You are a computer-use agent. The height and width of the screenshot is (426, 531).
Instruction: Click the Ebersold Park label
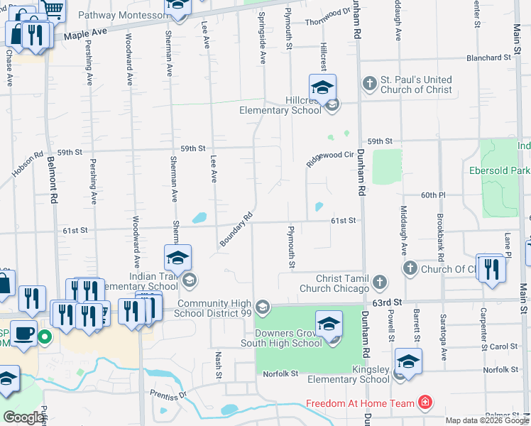pyautogui.click(x=500, y=170)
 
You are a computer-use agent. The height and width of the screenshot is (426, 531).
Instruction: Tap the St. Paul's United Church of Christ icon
pyautogui.click(x=369, y=84)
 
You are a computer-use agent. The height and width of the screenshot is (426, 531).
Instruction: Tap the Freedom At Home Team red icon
pyautogui.click(x=425, y=403)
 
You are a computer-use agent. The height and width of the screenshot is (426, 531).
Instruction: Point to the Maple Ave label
pyautogui.click(x=85, y=33)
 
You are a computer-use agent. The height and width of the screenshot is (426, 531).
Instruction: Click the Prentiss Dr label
pyautogui.click(x=168, y=394)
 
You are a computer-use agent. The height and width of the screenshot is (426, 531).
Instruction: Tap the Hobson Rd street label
pyautogui.click(x=28, y=164)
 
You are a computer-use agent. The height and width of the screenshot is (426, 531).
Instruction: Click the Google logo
pyautogui.click(x=23, y=417)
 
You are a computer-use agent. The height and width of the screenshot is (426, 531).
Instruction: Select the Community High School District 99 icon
pyautogui.click(x=263, y=307)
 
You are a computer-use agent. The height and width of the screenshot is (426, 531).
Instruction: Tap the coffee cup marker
pyautogui.click(x=23, y=332)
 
